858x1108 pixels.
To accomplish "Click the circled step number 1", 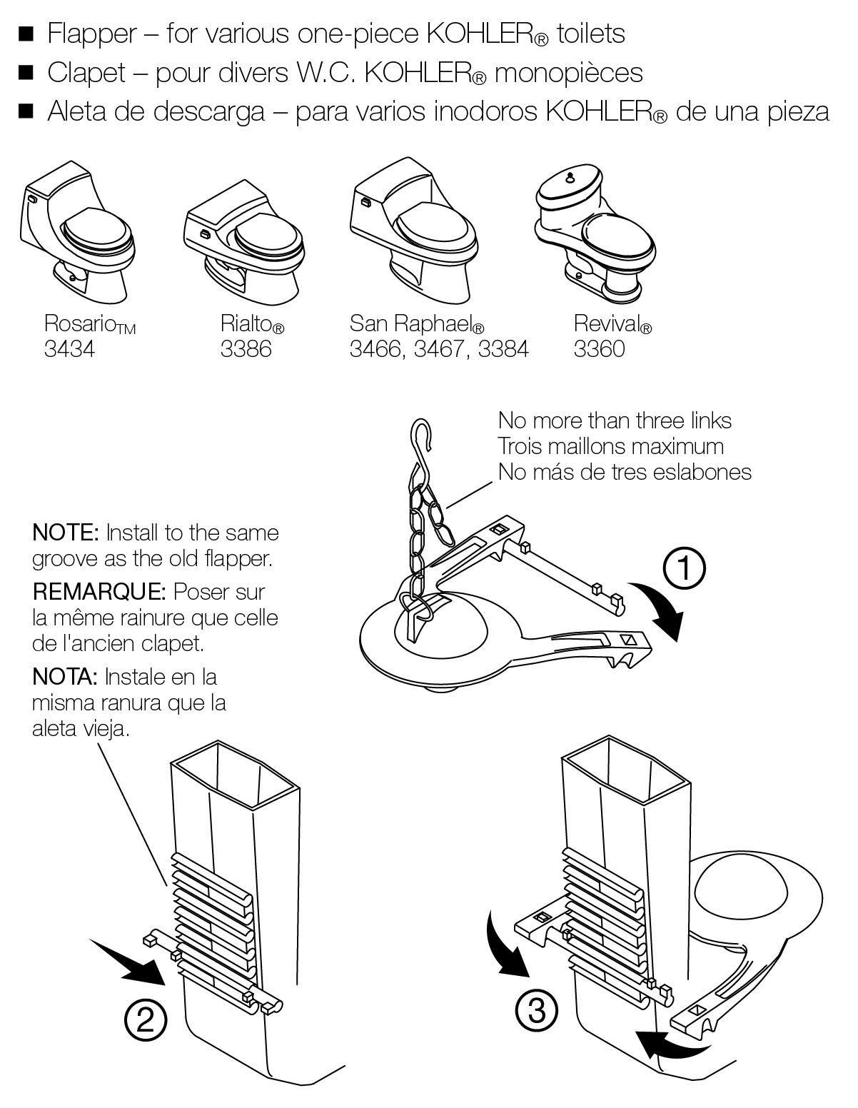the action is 684,568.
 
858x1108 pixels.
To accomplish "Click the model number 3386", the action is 246,349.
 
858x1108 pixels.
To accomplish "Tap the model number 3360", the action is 599,349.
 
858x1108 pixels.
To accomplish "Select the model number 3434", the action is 70,349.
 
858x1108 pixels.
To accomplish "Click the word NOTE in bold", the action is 65,533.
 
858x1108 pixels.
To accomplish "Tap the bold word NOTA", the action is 64,677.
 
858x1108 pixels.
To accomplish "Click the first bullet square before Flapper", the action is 26,35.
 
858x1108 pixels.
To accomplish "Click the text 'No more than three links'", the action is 615,420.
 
